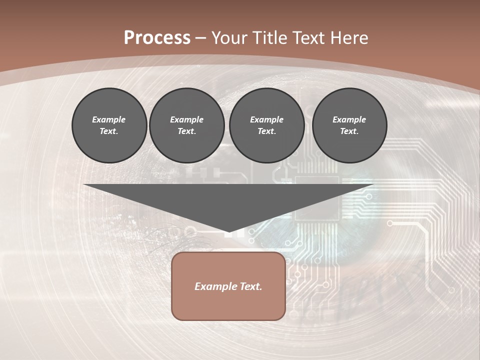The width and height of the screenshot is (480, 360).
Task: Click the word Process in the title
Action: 157,38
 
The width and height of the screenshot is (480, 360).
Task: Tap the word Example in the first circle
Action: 109,119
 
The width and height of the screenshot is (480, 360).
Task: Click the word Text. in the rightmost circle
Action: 349,131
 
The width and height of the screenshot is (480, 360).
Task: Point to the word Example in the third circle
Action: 266,119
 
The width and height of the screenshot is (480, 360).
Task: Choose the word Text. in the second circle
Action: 186,131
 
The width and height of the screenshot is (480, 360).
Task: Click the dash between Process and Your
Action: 200,38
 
